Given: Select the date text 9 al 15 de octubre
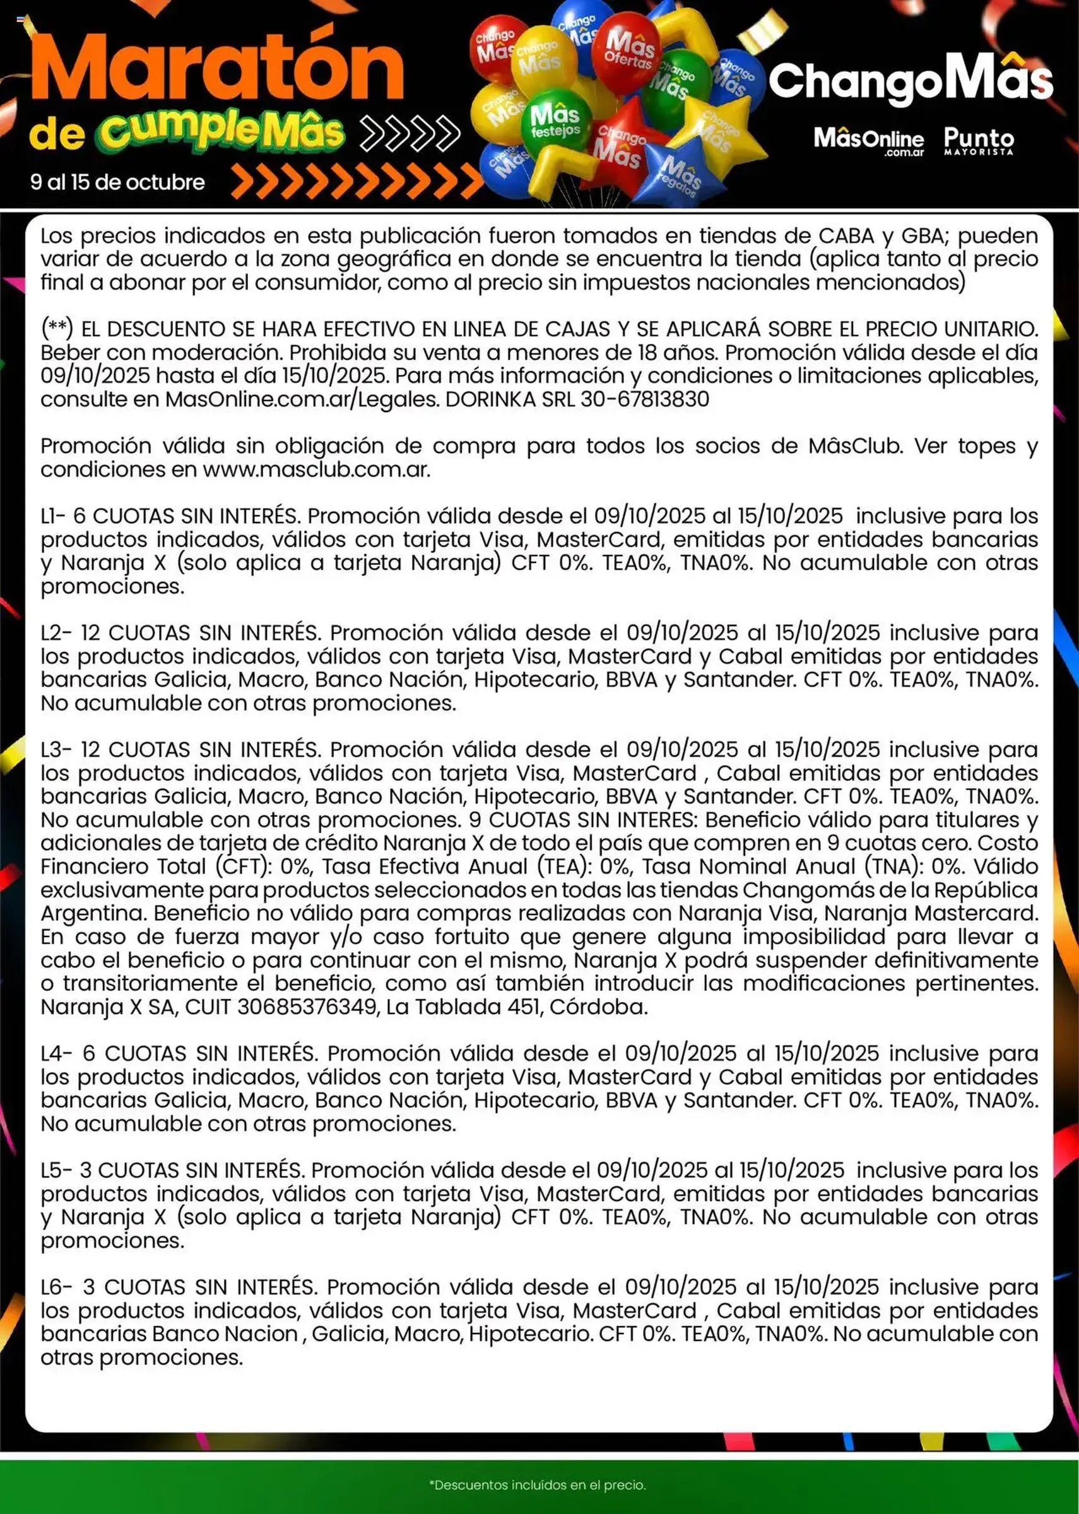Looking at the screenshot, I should tap(117, 182).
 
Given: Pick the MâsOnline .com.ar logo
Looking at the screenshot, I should tap(868, 141).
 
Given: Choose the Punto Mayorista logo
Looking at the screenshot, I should tap(979, 140).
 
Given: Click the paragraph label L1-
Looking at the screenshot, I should tap(53, 516).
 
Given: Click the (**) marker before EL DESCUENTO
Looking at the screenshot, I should tap(57, 329).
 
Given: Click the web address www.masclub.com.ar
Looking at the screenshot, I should tap(315, 470).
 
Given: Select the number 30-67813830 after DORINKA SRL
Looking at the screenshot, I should tap(644, 399).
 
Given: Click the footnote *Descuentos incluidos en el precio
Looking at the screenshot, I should tap(538, 1485).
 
